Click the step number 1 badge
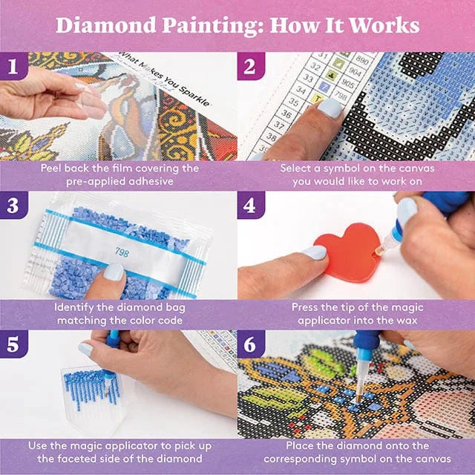[13, 66]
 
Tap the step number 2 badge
[251, 66]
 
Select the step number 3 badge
[13, 205]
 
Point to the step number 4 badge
[251, 205]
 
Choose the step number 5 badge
[13, 344]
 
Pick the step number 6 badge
[251, 344]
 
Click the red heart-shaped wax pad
[348, 252]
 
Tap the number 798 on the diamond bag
[122, 252]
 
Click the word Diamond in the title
[106, 25]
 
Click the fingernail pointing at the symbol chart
[330, 108]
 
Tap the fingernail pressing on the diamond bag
[114, 272]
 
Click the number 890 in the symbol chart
[361, 60]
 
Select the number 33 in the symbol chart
[308, 78]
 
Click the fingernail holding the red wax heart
[315, 252]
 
